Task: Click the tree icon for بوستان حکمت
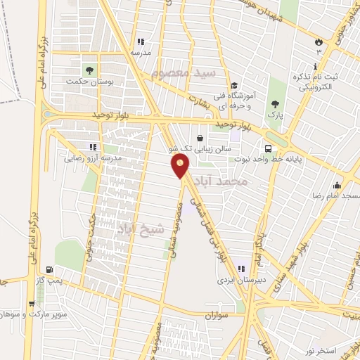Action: pyautogui.click(x=89, y=69)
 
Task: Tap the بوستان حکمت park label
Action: pyautogui.click(x=89, y=82)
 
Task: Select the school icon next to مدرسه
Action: pyautogui.click(x=140, y=41)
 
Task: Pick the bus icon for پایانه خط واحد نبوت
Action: pyautogui.click(x=269, y=148)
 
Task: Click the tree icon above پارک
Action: pyautogui.click(x=274, y=105)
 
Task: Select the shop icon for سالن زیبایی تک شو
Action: pyautogui.click(x=201, y=138)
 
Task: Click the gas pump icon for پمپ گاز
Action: pyautogui.click(x=48, y=269)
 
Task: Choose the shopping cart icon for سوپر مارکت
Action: pyautogui.click(x=32, y=304)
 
